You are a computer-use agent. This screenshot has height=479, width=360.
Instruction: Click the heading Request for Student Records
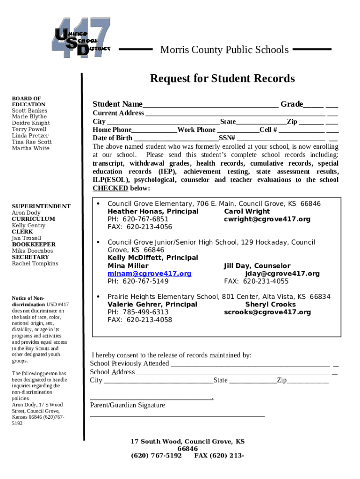[x=222, y=78]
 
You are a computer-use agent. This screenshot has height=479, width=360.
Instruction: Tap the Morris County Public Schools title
[x=224, y=50]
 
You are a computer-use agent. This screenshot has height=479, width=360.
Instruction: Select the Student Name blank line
[x=210, y=105]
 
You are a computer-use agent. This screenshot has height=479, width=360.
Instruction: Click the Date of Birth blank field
[x=176, y=139]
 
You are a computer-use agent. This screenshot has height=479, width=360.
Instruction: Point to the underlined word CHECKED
[x=110, y=188]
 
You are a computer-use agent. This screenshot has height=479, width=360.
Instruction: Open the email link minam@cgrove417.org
[x=149, y=274]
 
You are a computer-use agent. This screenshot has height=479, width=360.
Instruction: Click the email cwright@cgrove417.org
[x=267, y=219]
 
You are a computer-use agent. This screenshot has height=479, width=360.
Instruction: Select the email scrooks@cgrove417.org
[x=267, y=312]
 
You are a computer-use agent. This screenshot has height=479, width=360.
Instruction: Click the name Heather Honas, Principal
[x=153, y=211]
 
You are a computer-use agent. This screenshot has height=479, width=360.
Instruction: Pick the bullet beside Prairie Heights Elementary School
[x=98, y=297]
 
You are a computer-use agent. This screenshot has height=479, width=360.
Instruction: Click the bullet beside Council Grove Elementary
[x=98, y=204]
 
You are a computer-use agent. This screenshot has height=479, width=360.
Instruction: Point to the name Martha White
[x=30, y=148]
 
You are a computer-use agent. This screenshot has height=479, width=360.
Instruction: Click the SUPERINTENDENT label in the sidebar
[x=41, y=206]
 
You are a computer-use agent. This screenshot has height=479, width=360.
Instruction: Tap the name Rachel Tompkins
[x=35, y=263]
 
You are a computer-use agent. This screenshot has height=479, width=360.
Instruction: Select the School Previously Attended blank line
[x=250, y=364]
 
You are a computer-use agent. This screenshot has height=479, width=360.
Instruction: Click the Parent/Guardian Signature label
[x=127, y=405]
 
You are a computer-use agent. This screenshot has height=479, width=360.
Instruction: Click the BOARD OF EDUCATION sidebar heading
[x=29, y=101]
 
